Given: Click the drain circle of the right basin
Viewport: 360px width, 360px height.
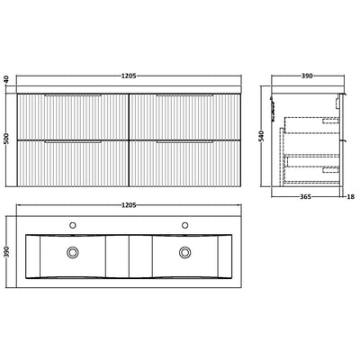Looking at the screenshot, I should [185, 252].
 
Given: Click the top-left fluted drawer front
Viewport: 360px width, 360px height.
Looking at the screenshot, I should [73, 116].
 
